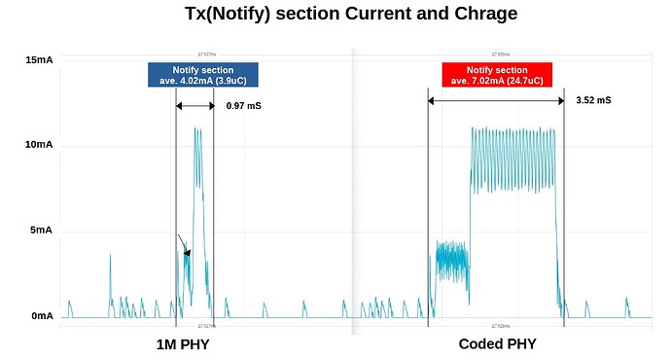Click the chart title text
[336, 14]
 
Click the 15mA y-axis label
[39, 60]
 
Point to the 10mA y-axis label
[39, 144]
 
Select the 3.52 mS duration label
[592, 100]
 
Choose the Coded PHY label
[497, 344]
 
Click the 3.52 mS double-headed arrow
[496, 100]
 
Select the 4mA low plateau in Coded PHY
[451, 258]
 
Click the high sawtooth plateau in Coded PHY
[513, 156]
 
